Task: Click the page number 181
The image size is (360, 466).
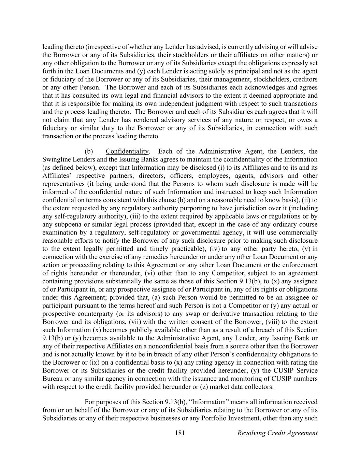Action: pyautogui.click(x=180, y=433)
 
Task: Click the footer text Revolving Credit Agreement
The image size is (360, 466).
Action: pyautogui.click(x=277, y=433)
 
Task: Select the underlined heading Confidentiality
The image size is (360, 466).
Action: pyautogui.click(x=127, y=151)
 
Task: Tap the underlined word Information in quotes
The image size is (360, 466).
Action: pyautogui.click(x=209, y=402)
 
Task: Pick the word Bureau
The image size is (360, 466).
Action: pyautogui.click(x=53, y=379)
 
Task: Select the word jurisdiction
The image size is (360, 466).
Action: pyautogui.click(x=243, y=208)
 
